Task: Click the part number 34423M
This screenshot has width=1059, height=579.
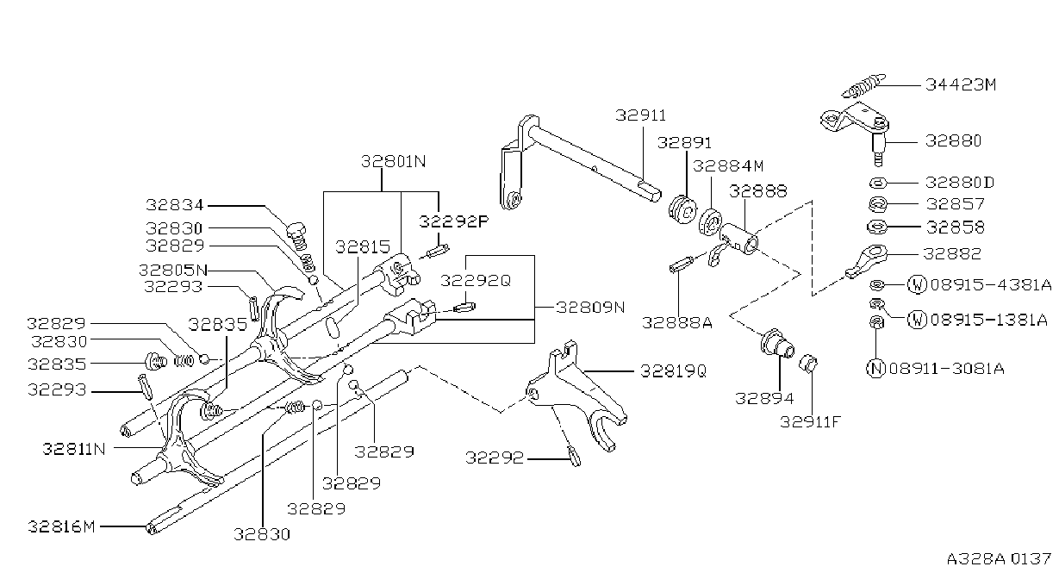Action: click(x=960, y=85)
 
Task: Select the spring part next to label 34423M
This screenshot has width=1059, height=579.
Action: click(x=863, y=85)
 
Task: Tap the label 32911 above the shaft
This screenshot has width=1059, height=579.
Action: click(x=640, y=115)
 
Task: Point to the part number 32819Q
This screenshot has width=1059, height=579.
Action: click(x=673, y=371)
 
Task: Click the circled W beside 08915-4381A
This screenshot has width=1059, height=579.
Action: click(x=917, y=284)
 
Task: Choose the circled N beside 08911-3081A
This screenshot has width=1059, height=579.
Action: click(x=876, y=368)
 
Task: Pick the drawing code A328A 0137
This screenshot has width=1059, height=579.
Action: click(x=999, y=559)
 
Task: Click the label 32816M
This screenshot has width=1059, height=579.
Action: click(x=61, y=526)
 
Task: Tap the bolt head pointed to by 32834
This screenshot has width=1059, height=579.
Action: click(x=296, y=230)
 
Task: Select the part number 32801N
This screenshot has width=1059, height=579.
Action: click(x=393, y=162)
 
